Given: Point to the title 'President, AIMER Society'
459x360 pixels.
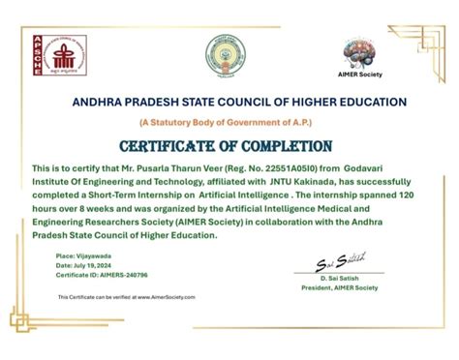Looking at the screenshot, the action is coord(340,289).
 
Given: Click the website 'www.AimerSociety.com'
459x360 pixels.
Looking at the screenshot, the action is coord(171,297).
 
